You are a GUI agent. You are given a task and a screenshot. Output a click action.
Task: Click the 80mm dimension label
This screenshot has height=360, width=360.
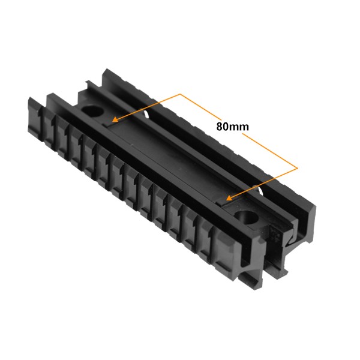click(232, 127)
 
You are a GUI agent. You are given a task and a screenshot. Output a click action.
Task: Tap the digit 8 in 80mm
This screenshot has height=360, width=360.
click(219, 127)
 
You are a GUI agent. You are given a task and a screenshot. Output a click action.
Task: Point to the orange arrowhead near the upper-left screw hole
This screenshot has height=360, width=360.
click(115, 119)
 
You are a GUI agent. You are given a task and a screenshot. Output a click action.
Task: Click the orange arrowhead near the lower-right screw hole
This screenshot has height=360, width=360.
click(229, 197)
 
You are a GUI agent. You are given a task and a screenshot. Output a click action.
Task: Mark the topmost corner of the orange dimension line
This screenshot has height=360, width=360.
click(180, 94)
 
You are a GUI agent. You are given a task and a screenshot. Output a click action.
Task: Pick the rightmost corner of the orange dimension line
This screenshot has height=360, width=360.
click(298, 168)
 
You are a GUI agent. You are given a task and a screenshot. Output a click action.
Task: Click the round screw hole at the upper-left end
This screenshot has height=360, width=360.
click(92, 111)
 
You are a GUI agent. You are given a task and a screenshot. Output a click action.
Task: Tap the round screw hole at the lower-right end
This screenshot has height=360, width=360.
click(247, 217)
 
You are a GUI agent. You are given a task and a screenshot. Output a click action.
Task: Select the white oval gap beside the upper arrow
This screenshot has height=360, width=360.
click(146, 114)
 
